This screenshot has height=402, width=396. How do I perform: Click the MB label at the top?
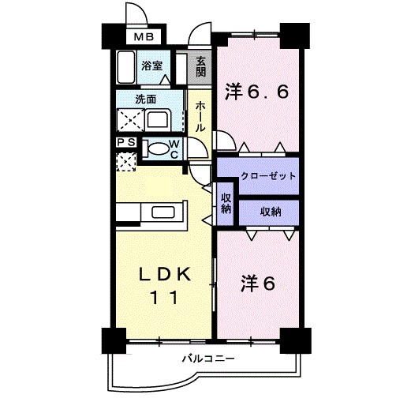tap(143, 37)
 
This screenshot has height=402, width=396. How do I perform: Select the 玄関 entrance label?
tap(202, 67)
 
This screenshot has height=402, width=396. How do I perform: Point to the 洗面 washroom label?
tap(145, 100)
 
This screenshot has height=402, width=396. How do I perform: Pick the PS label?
tap(126, 143)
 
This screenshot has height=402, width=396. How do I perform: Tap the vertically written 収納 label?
tap(226, 203)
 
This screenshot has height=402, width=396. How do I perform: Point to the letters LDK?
tap(163, 275)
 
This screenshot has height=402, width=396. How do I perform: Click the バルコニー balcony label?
tap(208, 358)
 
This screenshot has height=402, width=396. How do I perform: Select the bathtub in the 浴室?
tap(125, 67)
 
